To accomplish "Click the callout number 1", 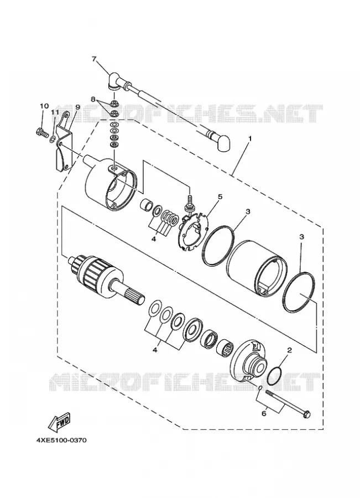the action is pos(250,139).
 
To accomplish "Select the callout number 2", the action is pos(289,351).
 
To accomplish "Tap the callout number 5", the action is pos(220,196).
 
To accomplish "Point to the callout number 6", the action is pos(264,414).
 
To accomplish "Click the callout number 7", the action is pos(93,59).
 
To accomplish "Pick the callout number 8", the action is pos(93,99).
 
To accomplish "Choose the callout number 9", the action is pos(77,107).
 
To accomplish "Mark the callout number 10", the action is pos(44,106).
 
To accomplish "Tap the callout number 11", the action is pos(55,112).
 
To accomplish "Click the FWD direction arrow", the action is pos(60,422).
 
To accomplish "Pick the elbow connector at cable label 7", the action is pos(113,80).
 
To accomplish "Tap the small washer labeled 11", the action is pos(53,139).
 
